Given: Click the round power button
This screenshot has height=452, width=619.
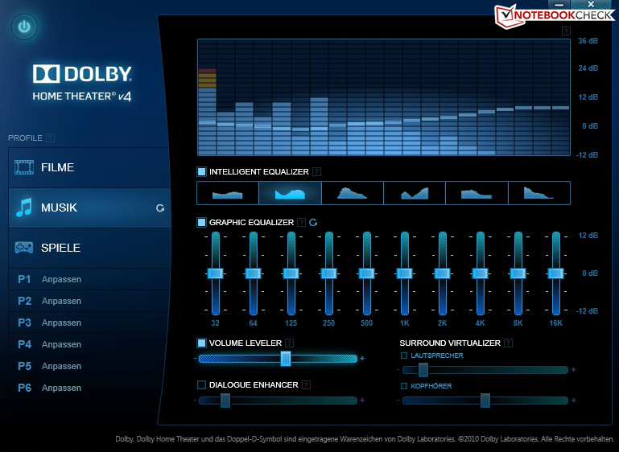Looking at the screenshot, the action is coord(24,27).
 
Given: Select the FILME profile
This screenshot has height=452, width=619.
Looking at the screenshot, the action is coord(89,167).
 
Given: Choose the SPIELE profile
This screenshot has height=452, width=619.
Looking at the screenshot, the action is coord(89,248).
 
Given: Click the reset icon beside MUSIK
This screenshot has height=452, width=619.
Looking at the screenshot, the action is coord(160,208).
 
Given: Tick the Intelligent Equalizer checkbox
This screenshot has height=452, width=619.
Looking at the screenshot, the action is coord(202,171).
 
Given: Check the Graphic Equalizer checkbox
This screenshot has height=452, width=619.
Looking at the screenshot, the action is coord(202,223).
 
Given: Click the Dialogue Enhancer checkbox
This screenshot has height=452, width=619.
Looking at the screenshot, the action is coord(202,384).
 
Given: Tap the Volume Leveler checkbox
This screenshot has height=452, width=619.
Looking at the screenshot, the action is coord(202,343).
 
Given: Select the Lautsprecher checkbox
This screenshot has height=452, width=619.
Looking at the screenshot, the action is coord(404,355).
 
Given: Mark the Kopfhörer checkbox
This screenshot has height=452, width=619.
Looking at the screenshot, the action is coord(404,386).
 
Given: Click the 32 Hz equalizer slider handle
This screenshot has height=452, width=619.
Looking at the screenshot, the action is coord(215,273).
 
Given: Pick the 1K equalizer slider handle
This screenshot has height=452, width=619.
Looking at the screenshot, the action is coord(404,273).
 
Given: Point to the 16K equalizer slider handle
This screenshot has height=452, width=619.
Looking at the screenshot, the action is coord(555,273).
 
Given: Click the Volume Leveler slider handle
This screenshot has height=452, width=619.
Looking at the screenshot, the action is coord(286,359).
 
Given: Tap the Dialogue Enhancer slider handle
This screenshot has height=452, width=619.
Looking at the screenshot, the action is coord(225,401).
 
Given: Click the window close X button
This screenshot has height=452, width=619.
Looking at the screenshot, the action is coord(591,4).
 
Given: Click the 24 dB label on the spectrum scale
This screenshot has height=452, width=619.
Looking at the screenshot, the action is coord(588,68).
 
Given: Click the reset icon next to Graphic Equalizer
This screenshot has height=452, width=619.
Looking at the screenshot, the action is coord(313,223).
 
